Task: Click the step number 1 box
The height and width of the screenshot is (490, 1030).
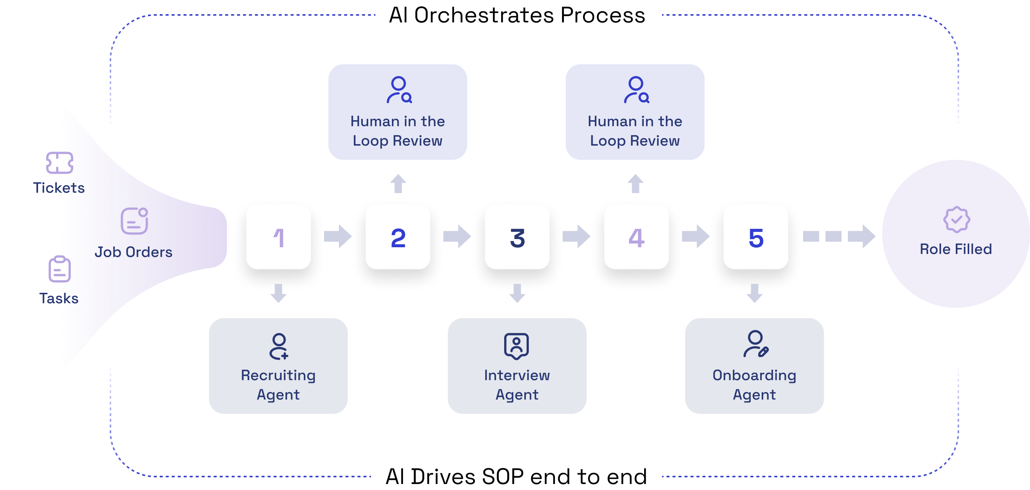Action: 278,237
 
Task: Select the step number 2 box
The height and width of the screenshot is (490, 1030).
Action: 398,237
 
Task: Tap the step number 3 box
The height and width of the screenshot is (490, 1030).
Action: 517,237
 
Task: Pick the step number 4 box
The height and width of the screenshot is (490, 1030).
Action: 636,237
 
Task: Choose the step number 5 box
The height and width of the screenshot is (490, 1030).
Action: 756,237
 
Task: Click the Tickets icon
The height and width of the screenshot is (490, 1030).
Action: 60,163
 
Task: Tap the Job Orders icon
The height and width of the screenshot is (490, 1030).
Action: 134,221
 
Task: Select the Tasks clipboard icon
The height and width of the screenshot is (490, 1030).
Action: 60,269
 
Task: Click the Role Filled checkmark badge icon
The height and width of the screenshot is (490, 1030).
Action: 956,220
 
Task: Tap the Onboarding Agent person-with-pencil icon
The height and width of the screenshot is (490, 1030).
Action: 756,344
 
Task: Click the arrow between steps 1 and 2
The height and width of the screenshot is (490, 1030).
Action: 338,236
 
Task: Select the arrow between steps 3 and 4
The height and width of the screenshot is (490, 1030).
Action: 577,236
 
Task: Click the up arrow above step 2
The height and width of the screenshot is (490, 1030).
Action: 398,184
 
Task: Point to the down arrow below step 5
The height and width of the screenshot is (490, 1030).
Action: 755,293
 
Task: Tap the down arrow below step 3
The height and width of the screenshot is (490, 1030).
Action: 517,293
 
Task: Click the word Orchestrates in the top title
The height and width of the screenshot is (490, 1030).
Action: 483,15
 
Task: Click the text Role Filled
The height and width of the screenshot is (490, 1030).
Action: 956,249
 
